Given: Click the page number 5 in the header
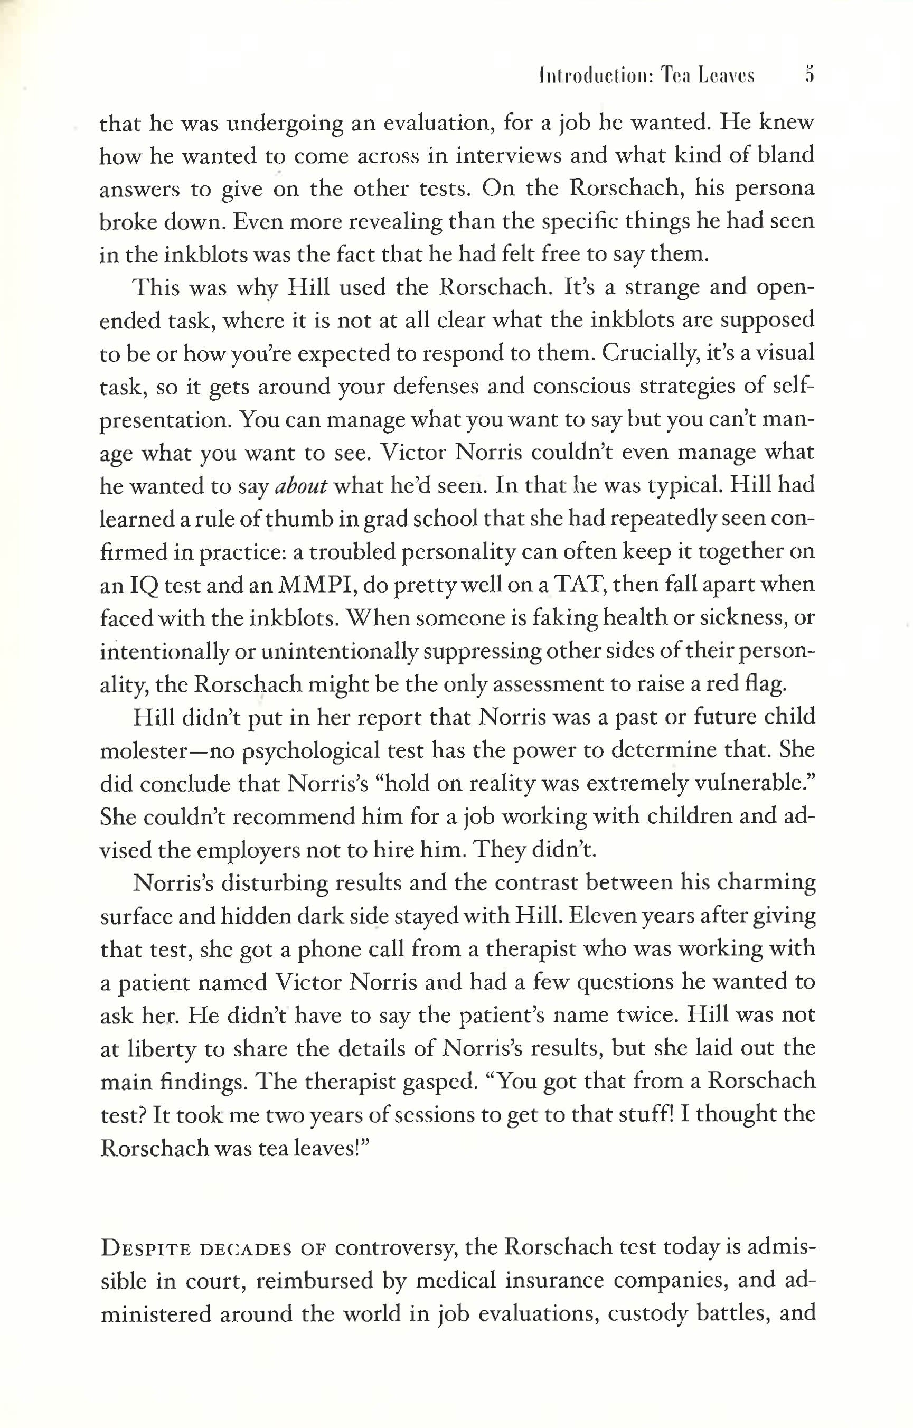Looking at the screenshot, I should pyautogui.click(x=810, y=76).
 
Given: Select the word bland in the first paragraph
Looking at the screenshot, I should pyautogui.click(x=786, y=155).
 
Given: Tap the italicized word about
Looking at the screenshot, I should pyautogui.click(x=301, y=486).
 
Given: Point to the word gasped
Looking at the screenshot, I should pyautogui.click(x=440, y=1082).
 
